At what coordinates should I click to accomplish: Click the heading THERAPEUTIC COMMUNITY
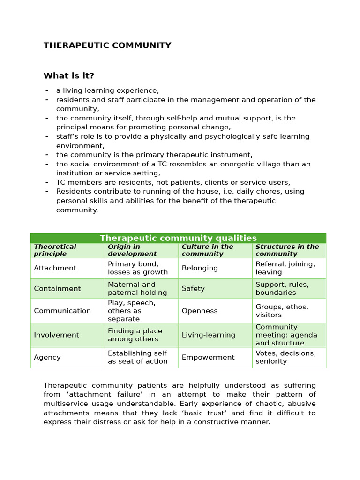click(107, 45)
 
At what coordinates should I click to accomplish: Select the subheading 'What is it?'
click(69, 76)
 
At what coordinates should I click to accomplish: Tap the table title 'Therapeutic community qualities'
click(178, 238)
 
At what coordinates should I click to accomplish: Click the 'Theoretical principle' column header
click(55, 250)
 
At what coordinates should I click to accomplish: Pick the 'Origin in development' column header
click(132, 250)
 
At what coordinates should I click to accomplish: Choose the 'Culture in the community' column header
click(207, 250)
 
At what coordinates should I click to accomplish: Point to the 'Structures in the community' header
click(287, 250)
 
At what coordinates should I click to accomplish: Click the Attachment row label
click(55, 268)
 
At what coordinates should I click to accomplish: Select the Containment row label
click(57, 289)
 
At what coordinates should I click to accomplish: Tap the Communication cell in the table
click(62, 311)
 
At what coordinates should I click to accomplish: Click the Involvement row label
click(56, 335)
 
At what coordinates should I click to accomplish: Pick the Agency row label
click(47, 357)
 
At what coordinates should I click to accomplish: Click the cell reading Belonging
click(200, 268)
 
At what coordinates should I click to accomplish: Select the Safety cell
click(193, 289)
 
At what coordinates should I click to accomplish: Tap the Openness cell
click(200, 311)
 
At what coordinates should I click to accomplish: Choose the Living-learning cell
click(208, 335)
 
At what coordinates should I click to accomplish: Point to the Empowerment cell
click(208, 357)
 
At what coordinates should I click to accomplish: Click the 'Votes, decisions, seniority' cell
click(285, 357)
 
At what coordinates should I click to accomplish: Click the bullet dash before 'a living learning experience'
click(47, 90)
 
